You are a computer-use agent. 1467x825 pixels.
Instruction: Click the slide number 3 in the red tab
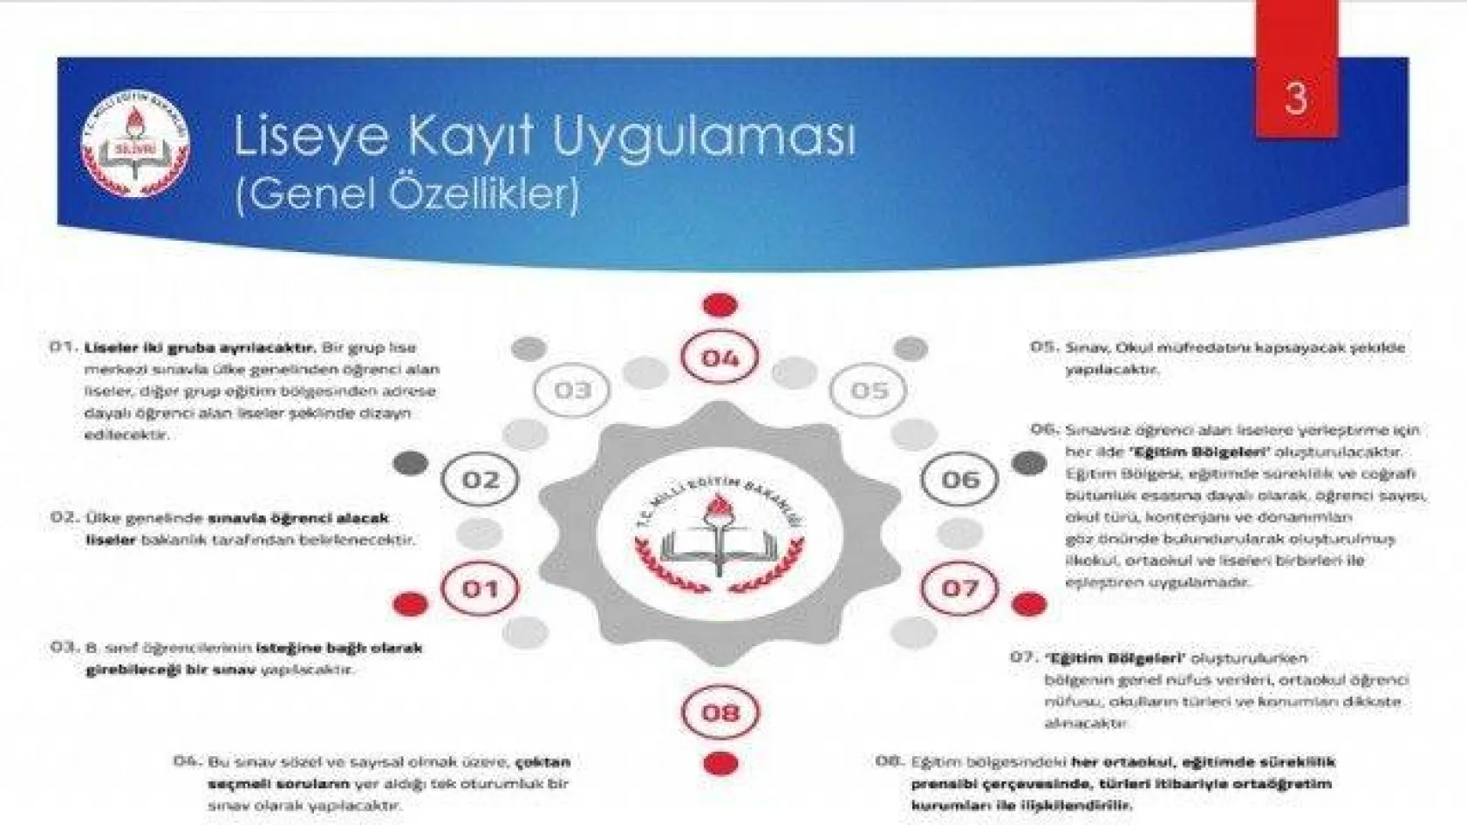(1296, 97)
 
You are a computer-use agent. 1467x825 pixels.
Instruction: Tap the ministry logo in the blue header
(135, 144)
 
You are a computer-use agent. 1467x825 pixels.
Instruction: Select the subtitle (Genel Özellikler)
(406, 194)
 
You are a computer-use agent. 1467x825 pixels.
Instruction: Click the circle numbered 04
(720, 358)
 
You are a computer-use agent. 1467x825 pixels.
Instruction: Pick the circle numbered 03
(572, 390)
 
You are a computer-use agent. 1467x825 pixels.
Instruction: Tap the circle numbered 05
(869, 390)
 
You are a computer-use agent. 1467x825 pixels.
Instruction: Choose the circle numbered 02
(480, 480)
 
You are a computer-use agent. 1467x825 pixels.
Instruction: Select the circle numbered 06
(960, 480)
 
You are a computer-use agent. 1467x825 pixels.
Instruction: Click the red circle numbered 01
(480, 589)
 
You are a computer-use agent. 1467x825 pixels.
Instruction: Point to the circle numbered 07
(960, 589)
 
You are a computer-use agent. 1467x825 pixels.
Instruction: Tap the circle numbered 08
(720, 712)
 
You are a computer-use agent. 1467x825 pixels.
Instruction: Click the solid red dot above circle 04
(720, 305)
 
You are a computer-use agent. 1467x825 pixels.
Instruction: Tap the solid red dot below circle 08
(720, 764)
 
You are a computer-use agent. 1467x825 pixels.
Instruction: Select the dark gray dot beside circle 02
(410, 463)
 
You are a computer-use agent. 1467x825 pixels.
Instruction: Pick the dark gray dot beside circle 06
(1029, 463)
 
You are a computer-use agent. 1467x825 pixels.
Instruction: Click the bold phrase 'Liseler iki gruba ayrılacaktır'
(199, 347)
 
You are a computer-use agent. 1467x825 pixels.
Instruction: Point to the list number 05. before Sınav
(1043, 347)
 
